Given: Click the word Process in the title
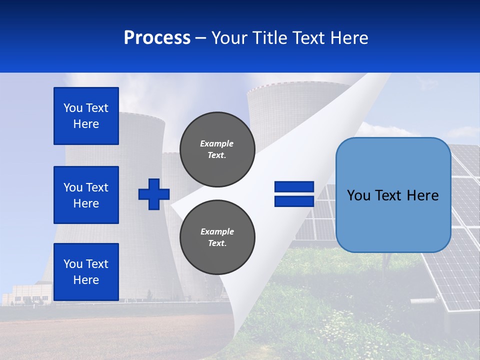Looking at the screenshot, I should click(157, 38).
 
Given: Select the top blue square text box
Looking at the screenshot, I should click(86, 116).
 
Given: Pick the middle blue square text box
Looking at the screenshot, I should click(86, 195).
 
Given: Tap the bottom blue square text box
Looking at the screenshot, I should click(86, 272).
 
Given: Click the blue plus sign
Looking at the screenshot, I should click(154, 194).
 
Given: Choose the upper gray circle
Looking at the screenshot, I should click(217, 149).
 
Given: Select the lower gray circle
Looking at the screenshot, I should click(217, 237).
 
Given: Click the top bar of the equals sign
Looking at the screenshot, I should click(294, 187).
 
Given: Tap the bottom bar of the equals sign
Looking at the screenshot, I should click(294, 201).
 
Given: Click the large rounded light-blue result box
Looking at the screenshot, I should click(393, 195).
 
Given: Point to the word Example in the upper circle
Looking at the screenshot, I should click(217, 143).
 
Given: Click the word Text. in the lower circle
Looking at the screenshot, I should click(217, 243).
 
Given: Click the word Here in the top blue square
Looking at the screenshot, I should click(86, 124).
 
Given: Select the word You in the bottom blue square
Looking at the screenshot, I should click(73, 264).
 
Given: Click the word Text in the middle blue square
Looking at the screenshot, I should click(97, 187).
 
